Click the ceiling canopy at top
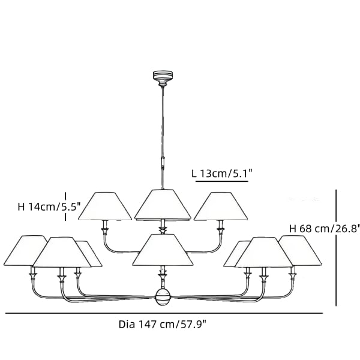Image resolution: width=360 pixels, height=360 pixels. click(163, 77)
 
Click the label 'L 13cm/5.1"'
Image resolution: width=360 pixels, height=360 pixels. click(221, 174)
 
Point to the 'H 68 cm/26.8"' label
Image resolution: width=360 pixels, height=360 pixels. click(324, 229)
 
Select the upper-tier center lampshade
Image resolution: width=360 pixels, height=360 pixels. click(163, 204)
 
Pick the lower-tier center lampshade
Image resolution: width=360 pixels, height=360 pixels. click(163, 250)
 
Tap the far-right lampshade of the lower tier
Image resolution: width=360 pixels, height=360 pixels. click(299, 250)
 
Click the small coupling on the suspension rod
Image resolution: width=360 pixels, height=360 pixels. click(163, 161)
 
